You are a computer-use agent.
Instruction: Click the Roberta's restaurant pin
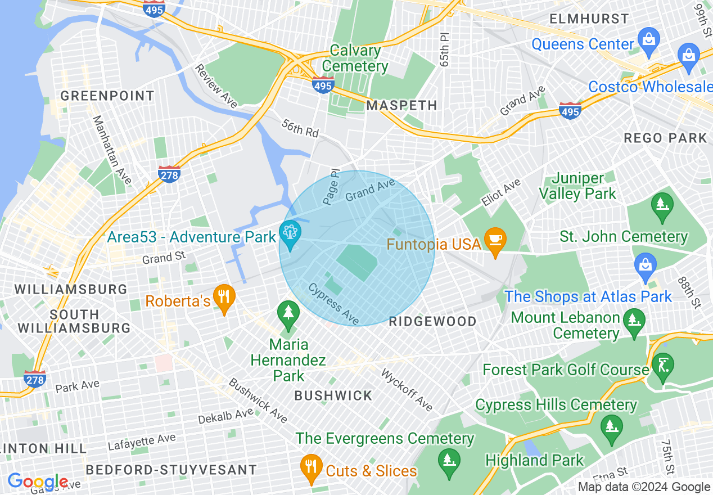click(x=224, y=299)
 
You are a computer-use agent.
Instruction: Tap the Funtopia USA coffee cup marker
click(x=495, y=241)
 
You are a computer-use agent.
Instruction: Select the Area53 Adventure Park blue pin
click(x=290, y=236)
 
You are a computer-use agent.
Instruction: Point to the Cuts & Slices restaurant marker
click(x=310, y=468)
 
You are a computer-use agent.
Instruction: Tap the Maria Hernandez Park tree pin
click(x=289, y=316)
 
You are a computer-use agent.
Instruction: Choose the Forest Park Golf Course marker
click(x=662, y=366)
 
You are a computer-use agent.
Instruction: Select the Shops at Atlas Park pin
click(x=645, y=267)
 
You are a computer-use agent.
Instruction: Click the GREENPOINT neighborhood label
click(x=107, y=96)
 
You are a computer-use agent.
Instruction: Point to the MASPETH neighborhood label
click(x=401, y=106)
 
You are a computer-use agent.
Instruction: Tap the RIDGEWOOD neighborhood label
click(x=433, y=321)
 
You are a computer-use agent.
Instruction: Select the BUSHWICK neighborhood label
click(x=333, y=396)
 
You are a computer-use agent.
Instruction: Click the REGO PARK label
click(x=665, y=138)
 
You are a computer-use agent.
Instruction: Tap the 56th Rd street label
click(x=300, y=129)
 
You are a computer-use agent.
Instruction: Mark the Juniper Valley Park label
click(x=577, y=186)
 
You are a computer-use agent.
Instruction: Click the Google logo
click(x=37, y=482)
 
